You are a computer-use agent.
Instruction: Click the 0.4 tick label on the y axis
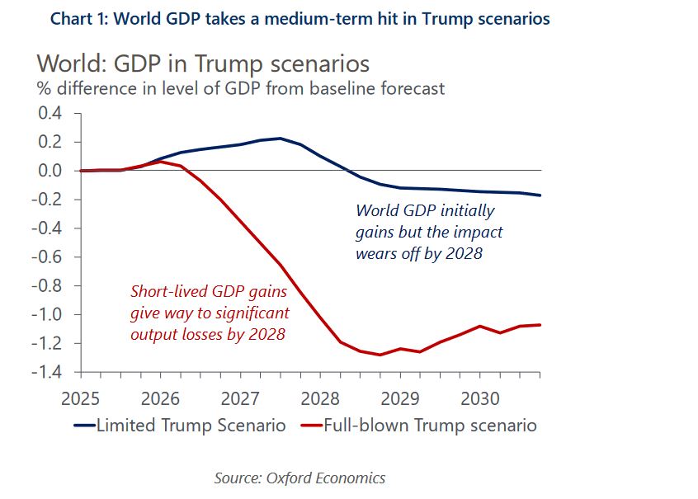pos(50,113)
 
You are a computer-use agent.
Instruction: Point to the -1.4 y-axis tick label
pos(47,372)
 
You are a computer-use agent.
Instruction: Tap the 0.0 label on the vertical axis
pos(50,171)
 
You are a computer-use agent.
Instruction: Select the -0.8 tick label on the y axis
pos(47,286)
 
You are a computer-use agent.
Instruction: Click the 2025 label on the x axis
pos(79,399)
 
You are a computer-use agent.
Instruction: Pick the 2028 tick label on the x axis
pos(320,399)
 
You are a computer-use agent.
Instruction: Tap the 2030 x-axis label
pos(480,399)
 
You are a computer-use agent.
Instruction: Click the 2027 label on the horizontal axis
pos(240,399)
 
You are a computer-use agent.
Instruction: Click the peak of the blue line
pos(281,139)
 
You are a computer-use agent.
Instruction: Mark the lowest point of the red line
pos(380,355)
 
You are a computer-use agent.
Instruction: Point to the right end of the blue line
pos(540,195)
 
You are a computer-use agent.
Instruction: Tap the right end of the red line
pos(540,324)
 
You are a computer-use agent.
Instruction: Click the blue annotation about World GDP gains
pos(428,232)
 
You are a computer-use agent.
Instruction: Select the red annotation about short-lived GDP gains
pos(210,313)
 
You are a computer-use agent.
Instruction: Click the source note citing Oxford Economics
pos(299,478)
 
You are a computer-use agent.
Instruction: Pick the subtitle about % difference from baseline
pos(239,87)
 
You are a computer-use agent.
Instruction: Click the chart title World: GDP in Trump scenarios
pos(203,64)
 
